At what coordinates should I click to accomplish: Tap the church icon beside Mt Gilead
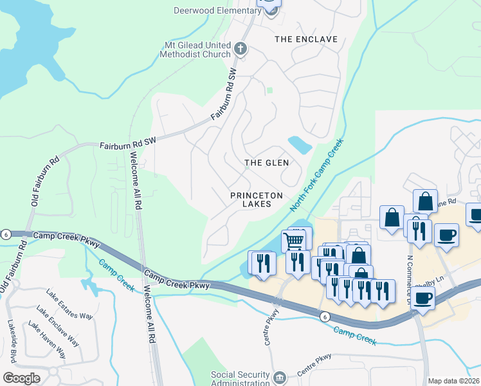coord(240,48)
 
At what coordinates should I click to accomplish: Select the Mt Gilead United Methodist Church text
coord(197,50)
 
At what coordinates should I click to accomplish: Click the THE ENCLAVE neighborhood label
coord(306,39)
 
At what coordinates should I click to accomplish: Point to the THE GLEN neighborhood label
coord(266,163)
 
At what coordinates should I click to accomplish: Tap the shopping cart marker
coord(293,241)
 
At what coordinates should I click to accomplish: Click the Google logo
coord(21,378)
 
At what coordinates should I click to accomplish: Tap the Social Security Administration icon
coord(279,376)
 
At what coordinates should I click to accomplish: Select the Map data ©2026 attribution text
coord(454,381)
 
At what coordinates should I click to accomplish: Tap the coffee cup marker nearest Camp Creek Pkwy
coord(423,299)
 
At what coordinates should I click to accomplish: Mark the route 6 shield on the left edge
coord(5,234)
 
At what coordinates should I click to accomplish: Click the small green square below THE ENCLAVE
coord(270,91)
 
